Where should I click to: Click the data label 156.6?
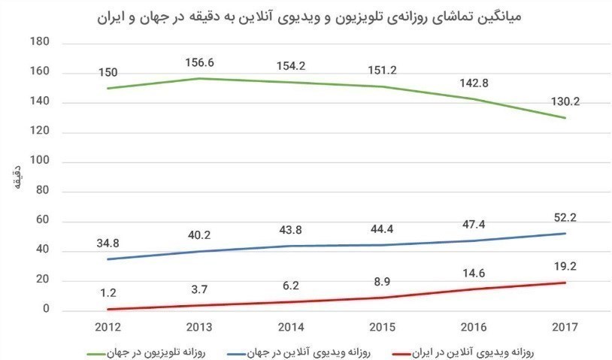tap(201, 63)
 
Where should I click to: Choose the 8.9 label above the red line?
tap(383, 280)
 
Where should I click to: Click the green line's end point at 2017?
tap(563, 118)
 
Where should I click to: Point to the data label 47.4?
tap(473, 224)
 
